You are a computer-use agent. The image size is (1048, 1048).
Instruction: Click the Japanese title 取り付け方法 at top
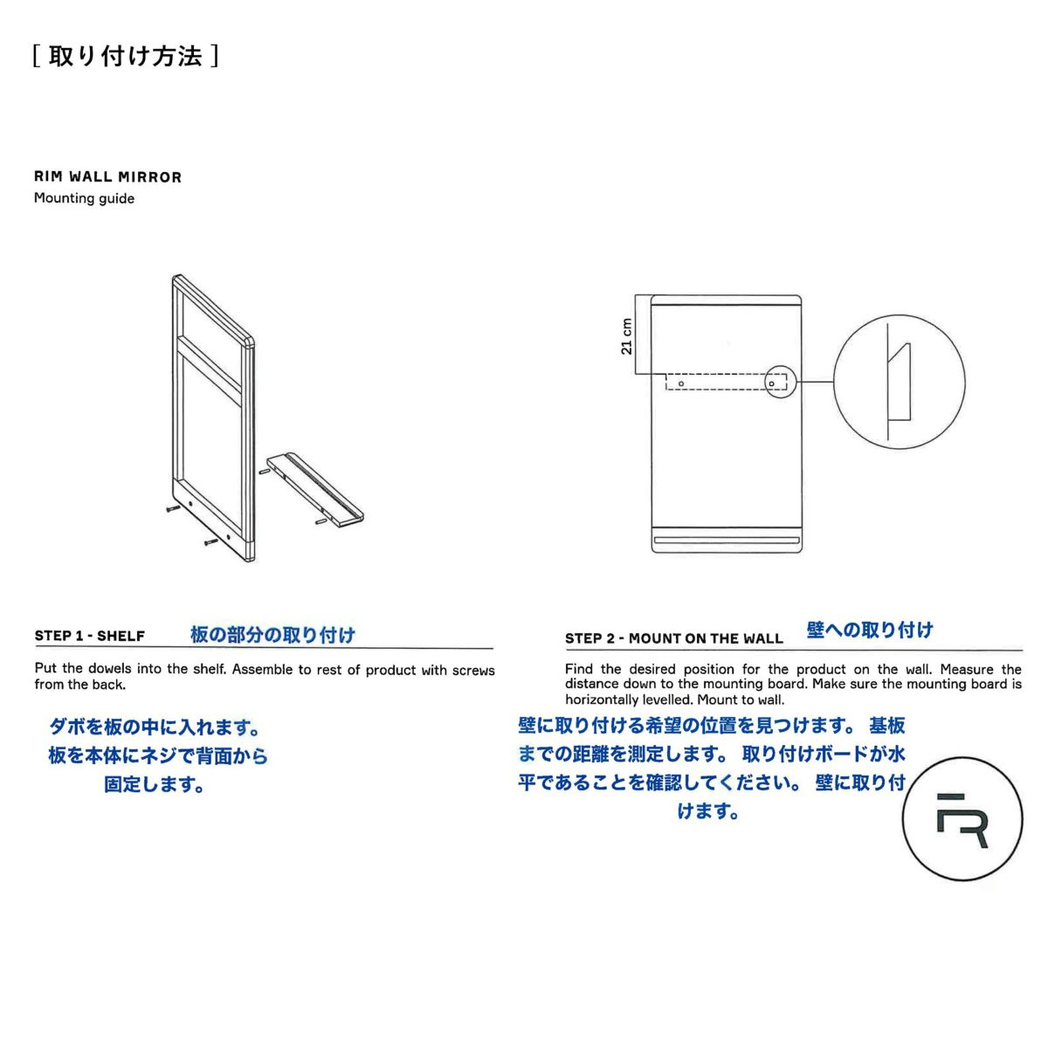125,56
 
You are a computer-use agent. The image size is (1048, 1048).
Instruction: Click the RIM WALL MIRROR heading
107,177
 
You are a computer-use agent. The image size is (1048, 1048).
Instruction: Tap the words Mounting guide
84,198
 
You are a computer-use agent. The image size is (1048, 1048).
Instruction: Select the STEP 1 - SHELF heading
89,636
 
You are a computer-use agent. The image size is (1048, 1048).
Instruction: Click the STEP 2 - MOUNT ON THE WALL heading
673,638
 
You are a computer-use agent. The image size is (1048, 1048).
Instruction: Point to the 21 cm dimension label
626,335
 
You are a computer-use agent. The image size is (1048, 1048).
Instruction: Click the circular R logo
962,819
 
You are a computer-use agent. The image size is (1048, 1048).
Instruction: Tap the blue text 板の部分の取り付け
272,635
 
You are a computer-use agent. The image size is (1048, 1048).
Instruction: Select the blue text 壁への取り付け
869,630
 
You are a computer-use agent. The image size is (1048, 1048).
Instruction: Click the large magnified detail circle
899,382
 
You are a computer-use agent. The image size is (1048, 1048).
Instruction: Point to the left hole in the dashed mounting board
681,382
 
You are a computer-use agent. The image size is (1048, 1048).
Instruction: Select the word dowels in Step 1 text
111,670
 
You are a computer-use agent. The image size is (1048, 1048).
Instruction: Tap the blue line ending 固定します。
155,784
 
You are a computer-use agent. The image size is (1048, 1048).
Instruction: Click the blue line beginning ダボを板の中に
155,727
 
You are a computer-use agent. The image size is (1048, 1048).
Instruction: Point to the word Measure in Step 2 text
969,670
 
